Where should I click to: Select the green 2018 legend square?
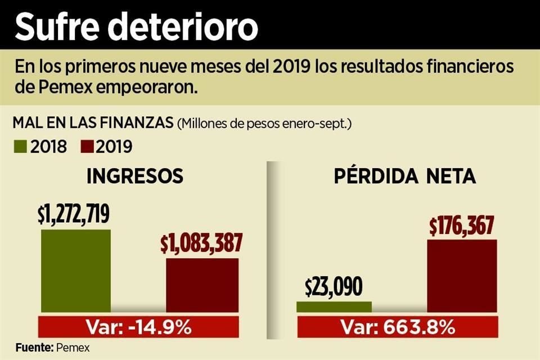[20, 147]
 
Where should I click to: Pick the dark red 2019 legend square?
[86, 147]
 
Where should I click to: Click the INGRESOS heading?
[135, 177]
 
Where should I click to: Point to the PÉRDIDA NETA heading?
[405, 177]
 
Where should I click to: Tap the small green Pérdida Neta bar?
[334, 307]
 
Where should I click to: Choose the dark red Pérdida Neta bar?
[462, 276]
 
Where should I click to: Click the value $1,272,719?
[74, 214]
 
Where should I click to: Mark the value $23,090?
[334, 287]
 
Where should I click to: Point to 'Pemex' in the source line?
[73, 347]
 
